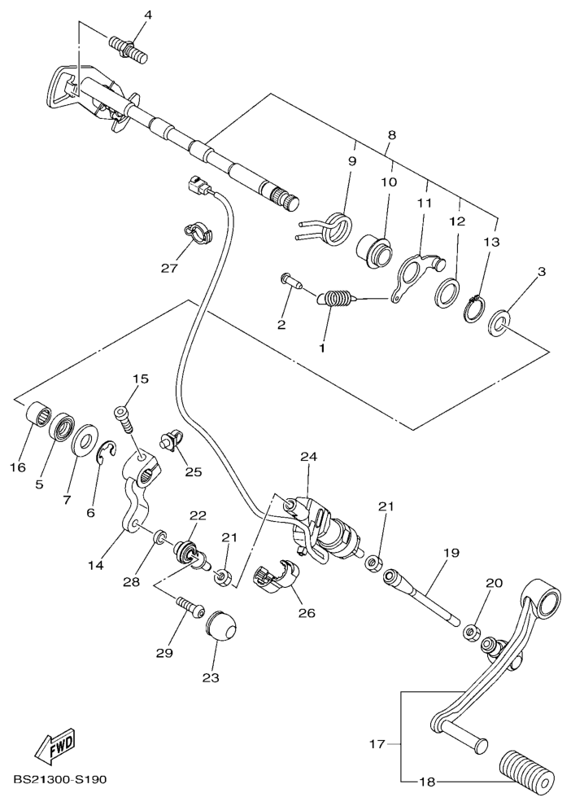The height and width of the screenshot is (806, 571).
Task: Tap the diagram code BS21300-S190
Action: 60,780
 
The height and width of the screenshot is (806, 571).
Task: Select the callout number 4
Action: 148,15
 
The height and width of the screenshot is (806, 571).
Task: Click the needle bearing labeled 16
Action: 37,411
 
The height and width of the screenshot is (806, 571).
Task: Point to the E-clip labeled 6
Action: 107,451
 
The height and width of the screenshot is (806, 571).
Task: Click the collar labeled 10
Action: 375,251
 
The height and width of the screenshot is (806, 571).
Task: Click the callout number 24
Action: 309,457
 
